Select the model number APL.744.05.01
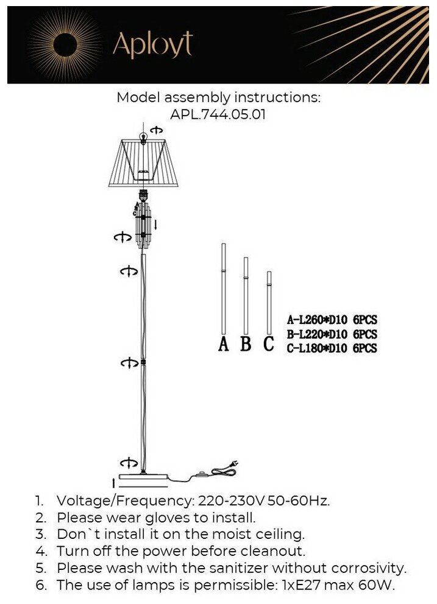tap(218, 114)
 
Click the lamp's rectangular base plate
tap(143, 479)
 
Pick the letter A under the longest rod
tap(224, 344)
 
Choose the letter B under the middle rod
tap(246, 344)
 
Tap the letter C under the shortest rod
tap(268, 344)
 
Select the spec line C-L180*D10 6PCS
tap(332, 348)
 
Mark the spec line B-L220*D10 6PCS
tap(332, 334)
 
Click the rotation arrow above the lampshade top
tap(157, 130)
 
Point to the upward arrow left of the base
tap(113, 483)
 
